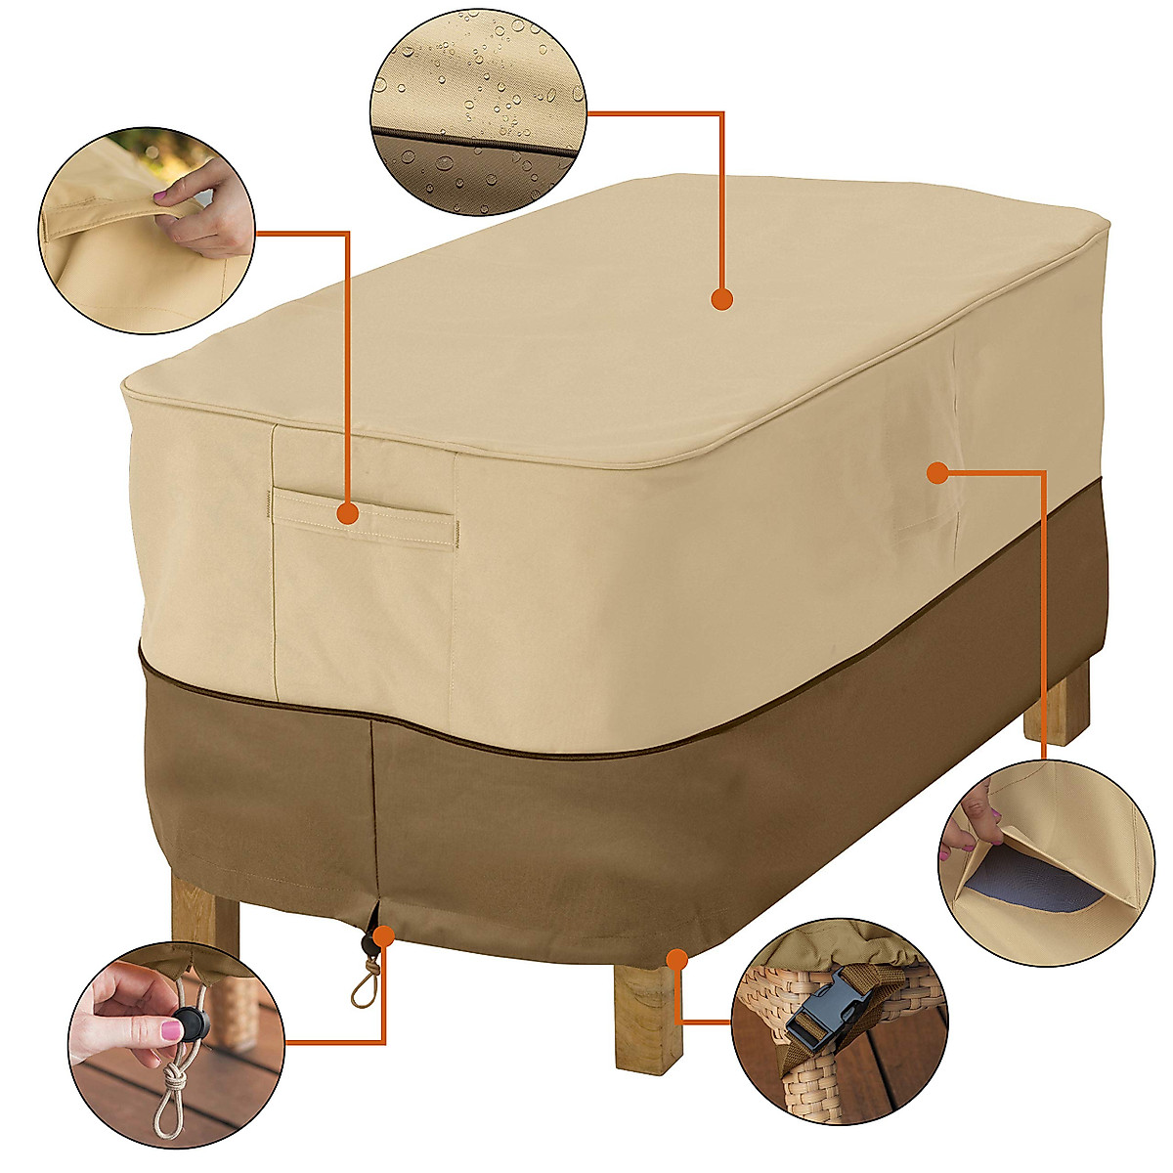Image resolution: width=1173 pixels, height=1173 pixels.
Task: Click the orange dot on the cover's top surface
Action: coord(721,299)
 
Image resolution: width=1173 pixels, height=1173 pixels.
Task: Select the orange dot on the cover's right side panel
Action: coord(936,474)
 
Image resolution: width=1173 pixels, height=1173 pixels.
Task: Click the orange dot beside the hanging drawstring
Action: coord(383,935)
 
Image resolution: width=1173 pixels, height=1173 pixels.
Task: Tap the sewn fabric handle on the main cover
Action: coord(364,518)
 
